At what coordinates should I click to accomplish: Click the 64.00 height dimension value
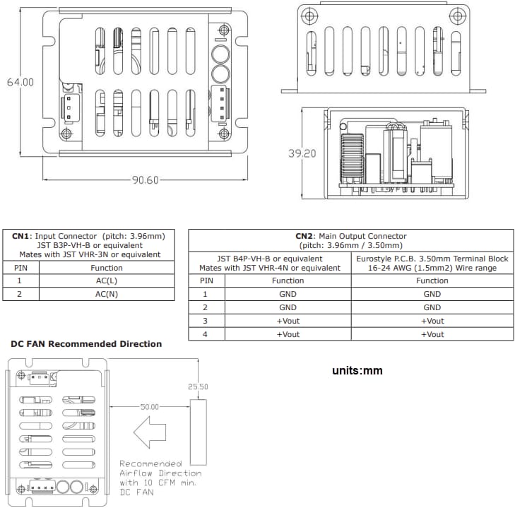[x=20, y=82]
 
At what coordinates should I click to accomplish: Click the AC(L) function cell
[x=106, y=280]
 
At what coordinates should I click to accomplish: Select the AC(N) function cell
[x=106, y=294]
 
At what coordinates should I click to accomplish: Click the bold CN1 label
[x=21, y=236]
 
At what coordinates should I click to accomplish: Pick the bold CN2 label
[x=304, y=236]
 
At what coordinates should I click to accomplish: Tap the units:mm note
[x=357, y=370]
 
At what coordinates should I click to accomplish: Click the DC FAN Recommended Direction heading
[x=85, y=344]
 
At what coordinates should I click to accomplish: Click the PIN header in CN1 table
[x=20, y=268]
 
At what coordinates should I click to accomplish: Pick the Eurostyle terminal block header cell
[x=432, y=264]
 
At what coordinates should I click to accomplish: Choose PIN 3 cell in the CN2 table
[x=205, y=321]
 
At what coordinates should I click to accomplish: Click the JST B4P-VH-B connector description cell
[x=269, y=264]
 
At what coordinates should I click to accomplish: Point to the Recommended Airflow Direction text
[x=160, y=473]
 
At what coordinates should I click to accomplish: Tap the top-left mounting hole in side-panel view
[x=306, y=16]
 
